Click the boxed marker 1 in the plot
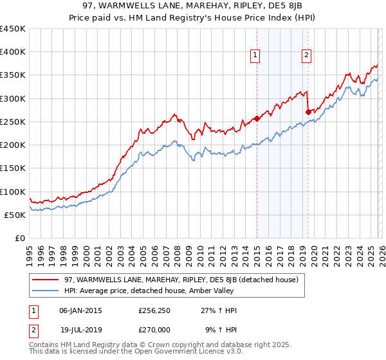pos(256,56)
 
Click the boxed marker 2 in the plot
pos(307,56)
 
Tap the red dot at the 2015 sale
pos(257,118)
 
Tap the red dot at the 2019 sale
pos(308,112)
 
